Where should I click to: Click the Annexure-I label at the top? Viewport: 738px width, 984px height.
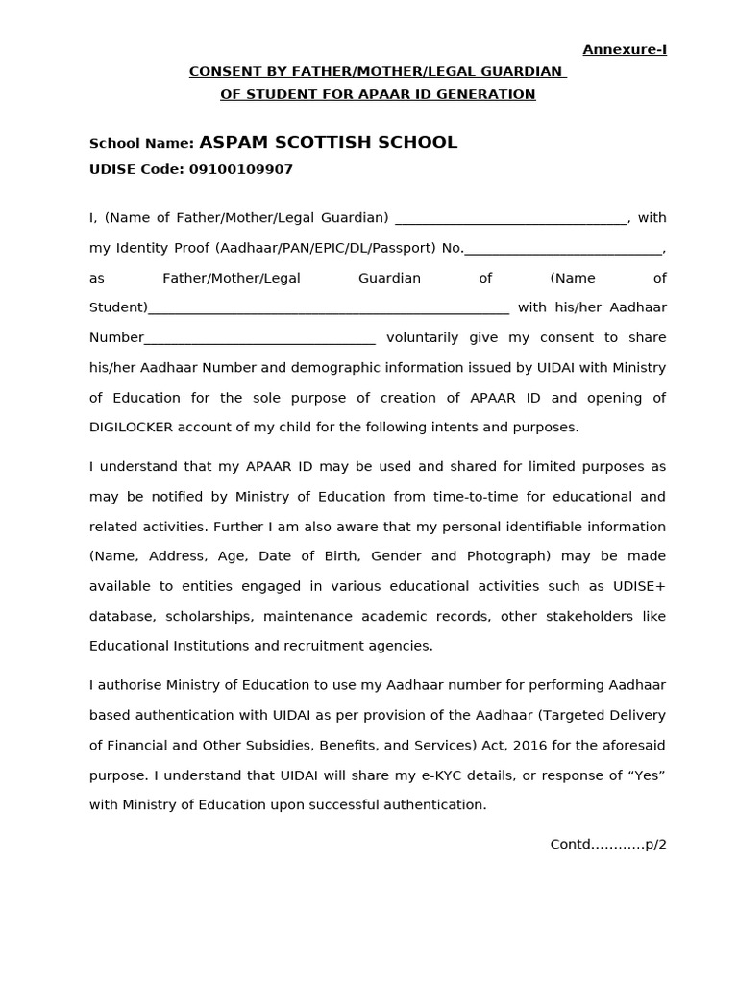(x=625, y=50)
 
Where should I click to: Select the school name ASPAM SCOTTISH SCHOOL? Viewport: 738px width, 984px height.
(x=328, y=143)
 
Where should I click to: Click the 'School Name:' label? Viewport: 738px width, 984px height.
(x=141, y=144)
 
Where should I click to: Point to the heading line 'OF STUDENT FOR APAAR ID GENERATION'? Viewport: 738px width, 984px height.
(x=378, y=94)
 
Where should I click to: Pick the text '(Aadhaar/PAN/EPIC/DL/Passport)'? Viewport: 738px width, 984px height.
(x=326, y=248)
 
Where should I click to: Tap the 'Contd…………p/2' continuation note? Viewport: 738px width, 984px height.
(x=607, y=845)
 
